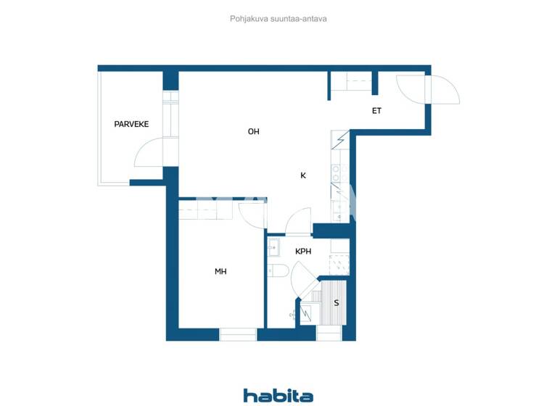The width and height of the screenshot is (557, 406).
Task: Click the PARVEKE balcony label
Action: click(131, 124)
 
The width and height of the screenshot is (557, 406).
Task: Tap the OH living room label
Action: click(253, 131)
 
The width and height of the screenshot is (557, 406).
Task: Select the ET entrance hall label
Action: click(376, 111)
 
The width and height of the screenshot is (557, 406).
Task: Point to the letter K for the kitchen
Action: click(303, 175)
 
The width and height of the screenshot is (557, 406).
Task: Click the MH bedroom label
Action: click(220, 272)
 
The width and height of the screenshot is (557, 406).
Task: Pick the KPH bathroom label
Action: click(303, 252)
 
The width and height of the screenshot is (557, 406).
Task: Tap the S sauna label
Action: click(337, 302)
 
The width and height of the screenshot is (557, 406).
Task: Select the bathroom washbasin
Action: click(273, 248)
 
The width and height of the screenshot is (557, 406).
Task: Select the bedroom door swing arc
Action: click(252, 214)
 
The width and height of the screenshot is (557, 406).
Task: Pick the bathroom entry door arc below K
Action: click(298, 221)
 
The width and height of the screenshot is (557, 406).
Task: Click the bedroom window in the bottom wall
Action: click(238, 334)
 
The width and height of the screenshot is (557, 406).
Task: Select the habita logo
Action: click(278, 395)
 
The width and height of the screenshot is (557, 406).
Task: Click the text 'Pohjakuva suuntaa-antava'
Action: click(278, 19)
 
